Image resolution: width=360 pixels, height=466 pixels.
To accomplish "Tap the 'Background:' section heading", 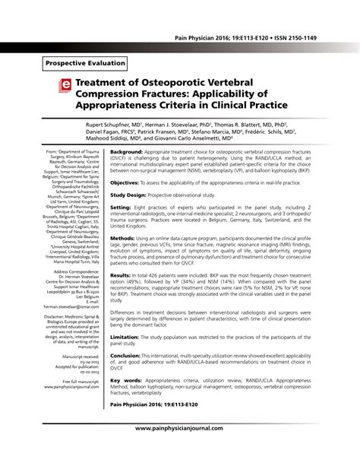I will pyautogui.click(x=131, y=152).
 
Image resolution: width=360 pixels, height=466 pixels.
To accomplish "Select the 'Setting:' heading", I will pyautogui.click(x=122, y=206).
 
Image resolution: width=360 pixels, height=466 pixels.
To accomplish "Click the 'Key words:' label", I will pyautogui.click(x=127, y=379).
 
